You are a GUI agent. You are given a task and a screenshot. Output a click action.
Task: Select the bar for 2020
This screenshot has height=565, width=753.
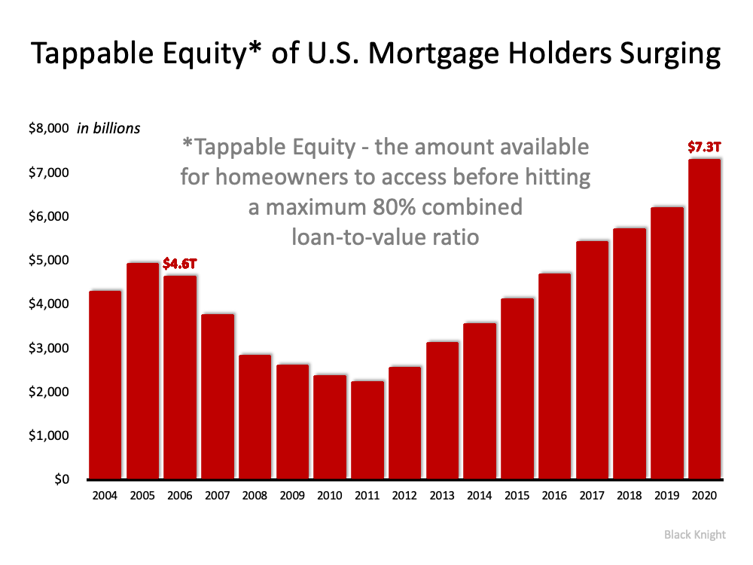[x=705, y=319]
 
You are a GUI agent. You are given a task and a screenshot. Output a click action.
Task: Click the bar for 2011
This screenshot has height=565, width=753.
[x=367, y=430]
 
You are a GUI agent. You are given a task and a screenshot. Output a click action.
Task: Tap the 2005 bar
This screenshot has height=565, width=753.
[x=142, y=371]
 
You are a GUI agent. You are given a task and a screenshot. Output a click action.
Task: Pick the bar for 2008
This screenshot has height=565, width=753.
[x=255, y=417]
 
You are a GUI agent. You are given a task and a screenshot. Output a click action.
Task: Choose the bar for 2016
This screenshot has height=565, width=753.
[x=555, y=376]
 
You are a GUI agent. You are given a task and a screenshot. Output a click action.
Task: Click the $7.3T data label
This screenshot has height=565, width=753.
[x=704, y=147]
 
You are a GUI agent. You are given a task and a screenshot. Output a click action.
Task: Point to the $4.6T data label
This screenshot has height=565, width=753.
[x=180, y=263]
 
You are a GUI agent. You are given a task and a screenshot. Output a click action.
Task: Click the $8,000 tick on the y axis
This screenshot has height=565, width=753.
[x=48, y=128]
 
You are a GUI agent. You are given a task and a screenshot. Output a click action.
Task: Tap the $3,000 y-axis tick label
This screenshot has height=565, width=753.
[x=48, y=348]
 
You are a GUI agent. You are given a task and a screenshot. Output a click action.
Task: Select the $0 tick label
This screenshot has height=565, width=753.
[x=62, y=479]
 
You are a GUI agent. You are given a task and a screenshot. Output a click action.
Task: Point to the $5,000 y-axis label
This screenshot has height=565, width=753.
[x=48, y=260]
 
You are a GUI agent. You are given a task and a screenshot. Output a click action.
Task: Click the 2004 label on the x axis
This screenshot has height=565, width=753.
[x=105, y=496]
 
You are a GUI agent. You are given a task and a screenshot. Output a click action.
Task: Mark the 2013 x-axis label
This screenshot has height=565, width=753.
[x=442, y=496]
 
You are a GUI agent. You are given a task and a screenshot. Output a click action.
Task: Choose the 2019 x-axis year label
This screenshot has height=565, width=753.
[x=666, y=496]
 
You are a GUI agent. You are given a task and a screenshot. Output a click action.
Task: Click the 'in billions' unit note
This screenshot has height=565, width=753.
[x=108, y=128]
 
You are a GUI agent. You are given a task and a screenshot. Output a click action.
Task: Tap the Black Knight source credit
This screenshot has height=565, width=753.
[x=695, y=535]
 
